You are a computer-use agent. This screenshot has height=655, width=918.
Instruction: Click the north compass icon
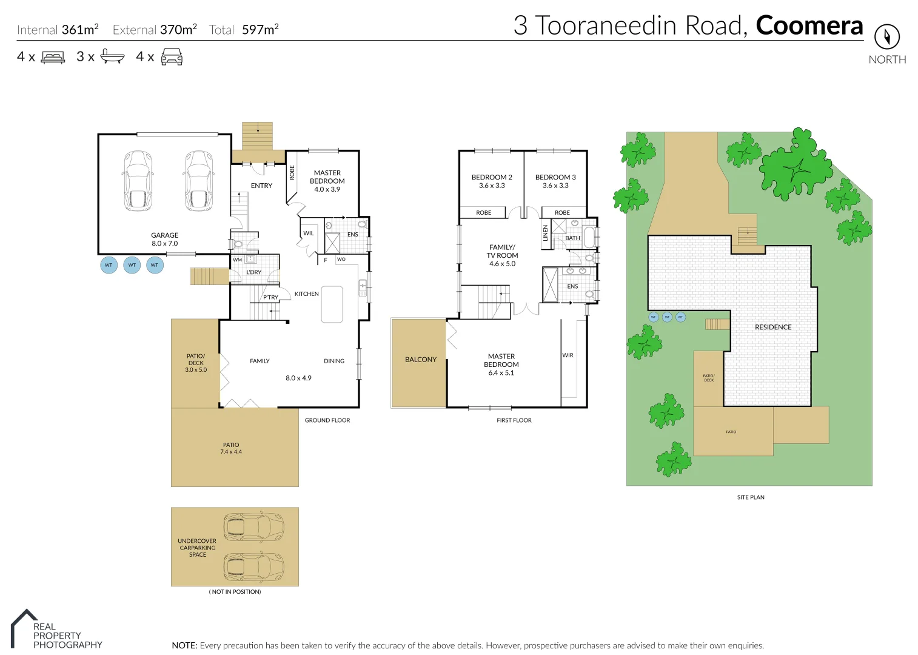pos(886,36)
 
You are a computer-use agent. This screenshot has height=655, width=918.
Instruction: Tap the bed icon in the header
pos(53,58)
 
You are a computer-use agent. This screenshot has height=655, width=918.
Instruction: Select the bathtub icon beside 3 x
pos(112,56)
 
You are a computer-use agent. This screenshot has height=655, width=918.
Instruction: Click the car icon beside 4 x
pos(172,57)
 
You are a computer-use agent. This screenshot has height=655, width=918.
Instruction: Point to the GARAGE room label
pos(164,235)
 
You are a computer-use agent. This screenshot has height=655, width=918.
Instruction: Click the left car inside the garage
pos(138,181)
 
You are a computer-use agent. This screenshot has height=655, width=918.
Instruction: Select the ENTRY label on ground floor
pos(261,186)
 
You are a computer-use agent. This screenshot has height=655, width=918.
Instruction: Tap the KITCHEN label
pos(306,294)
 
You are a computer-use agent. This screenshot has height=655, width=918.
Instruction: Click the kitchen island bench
pos(332,304)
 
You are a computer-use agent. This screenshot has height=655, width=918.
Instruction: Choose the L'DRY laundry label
pos(253,272)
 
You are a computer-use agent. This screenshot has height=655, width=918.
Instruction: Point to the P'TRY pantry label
pos(270,298)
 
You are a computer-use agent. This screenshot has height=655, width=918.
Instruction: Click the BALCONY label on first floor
pos(420,360)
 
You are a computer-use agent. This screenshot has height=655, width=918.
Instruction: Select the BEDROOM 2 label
pos(492,177)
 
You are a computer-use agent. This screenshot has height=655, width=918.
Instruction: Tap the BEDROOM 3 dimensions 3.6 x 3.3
pos(555,186)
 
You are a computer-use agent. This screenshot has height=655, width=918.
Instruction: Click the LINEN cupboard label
pos(545,233)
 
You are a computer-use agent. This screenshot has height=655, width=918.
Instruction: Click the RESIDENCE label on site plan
pos(772,327)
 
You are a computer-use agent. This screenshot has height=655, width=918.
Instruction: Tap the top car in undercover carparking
pos(253,526)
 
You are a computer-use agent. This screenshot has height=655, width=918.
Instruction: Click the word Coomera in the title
pos(809,25)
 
